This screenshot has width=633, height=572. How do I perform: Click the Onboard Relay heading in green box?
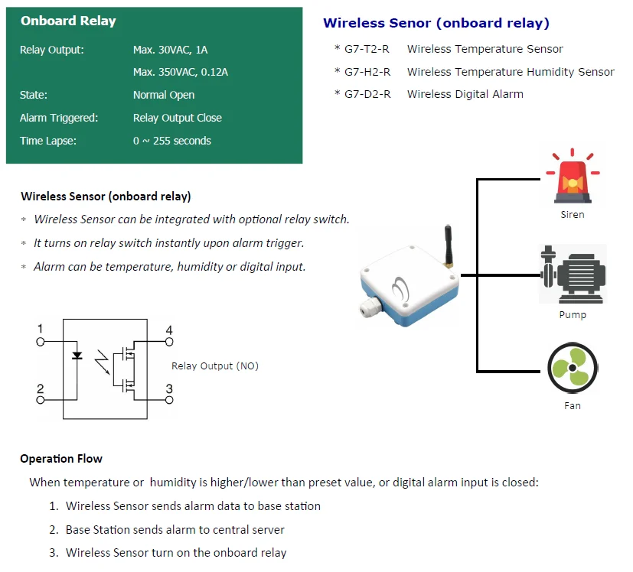[68, 21]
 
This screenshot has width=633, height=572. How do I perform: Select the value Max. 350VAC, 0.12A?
[181, 73]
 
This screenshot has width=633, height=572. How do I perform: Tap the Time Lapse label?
[48, 141]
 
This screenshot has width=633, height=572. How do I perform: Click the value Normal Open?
[164, 96]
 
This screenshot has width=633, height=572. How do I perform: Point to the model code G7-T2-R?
[367, 49]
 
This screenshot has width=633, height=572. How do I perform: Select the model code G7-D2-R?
[367, 94]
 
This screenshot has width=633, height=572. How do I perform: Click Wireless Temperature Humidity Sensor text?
[511, 72]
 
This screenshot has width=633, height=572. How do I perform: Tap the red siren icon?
[572, 177]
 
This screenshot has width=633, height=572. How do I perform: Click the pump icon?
[572, 275]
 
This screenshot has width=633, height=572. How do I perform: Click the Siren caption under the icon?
[572, 215]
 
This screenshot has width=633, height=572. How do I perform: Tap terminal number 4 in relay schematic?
[169, 331]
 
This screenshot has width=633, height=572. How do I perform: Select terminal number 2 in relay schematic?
[41, 389]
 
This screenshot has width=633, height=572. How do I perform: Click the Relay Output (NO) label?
[215, 366]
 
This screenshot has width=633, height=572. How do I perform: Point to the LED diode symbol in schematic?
[77, 356]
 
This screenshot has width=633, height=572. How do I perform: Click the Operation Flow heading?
[61, 459]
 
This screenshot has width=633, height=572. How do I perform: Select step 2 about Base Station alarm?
[175, 529]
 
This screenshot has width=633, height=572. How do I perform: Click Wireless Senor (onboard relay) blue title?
[436, 23]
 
